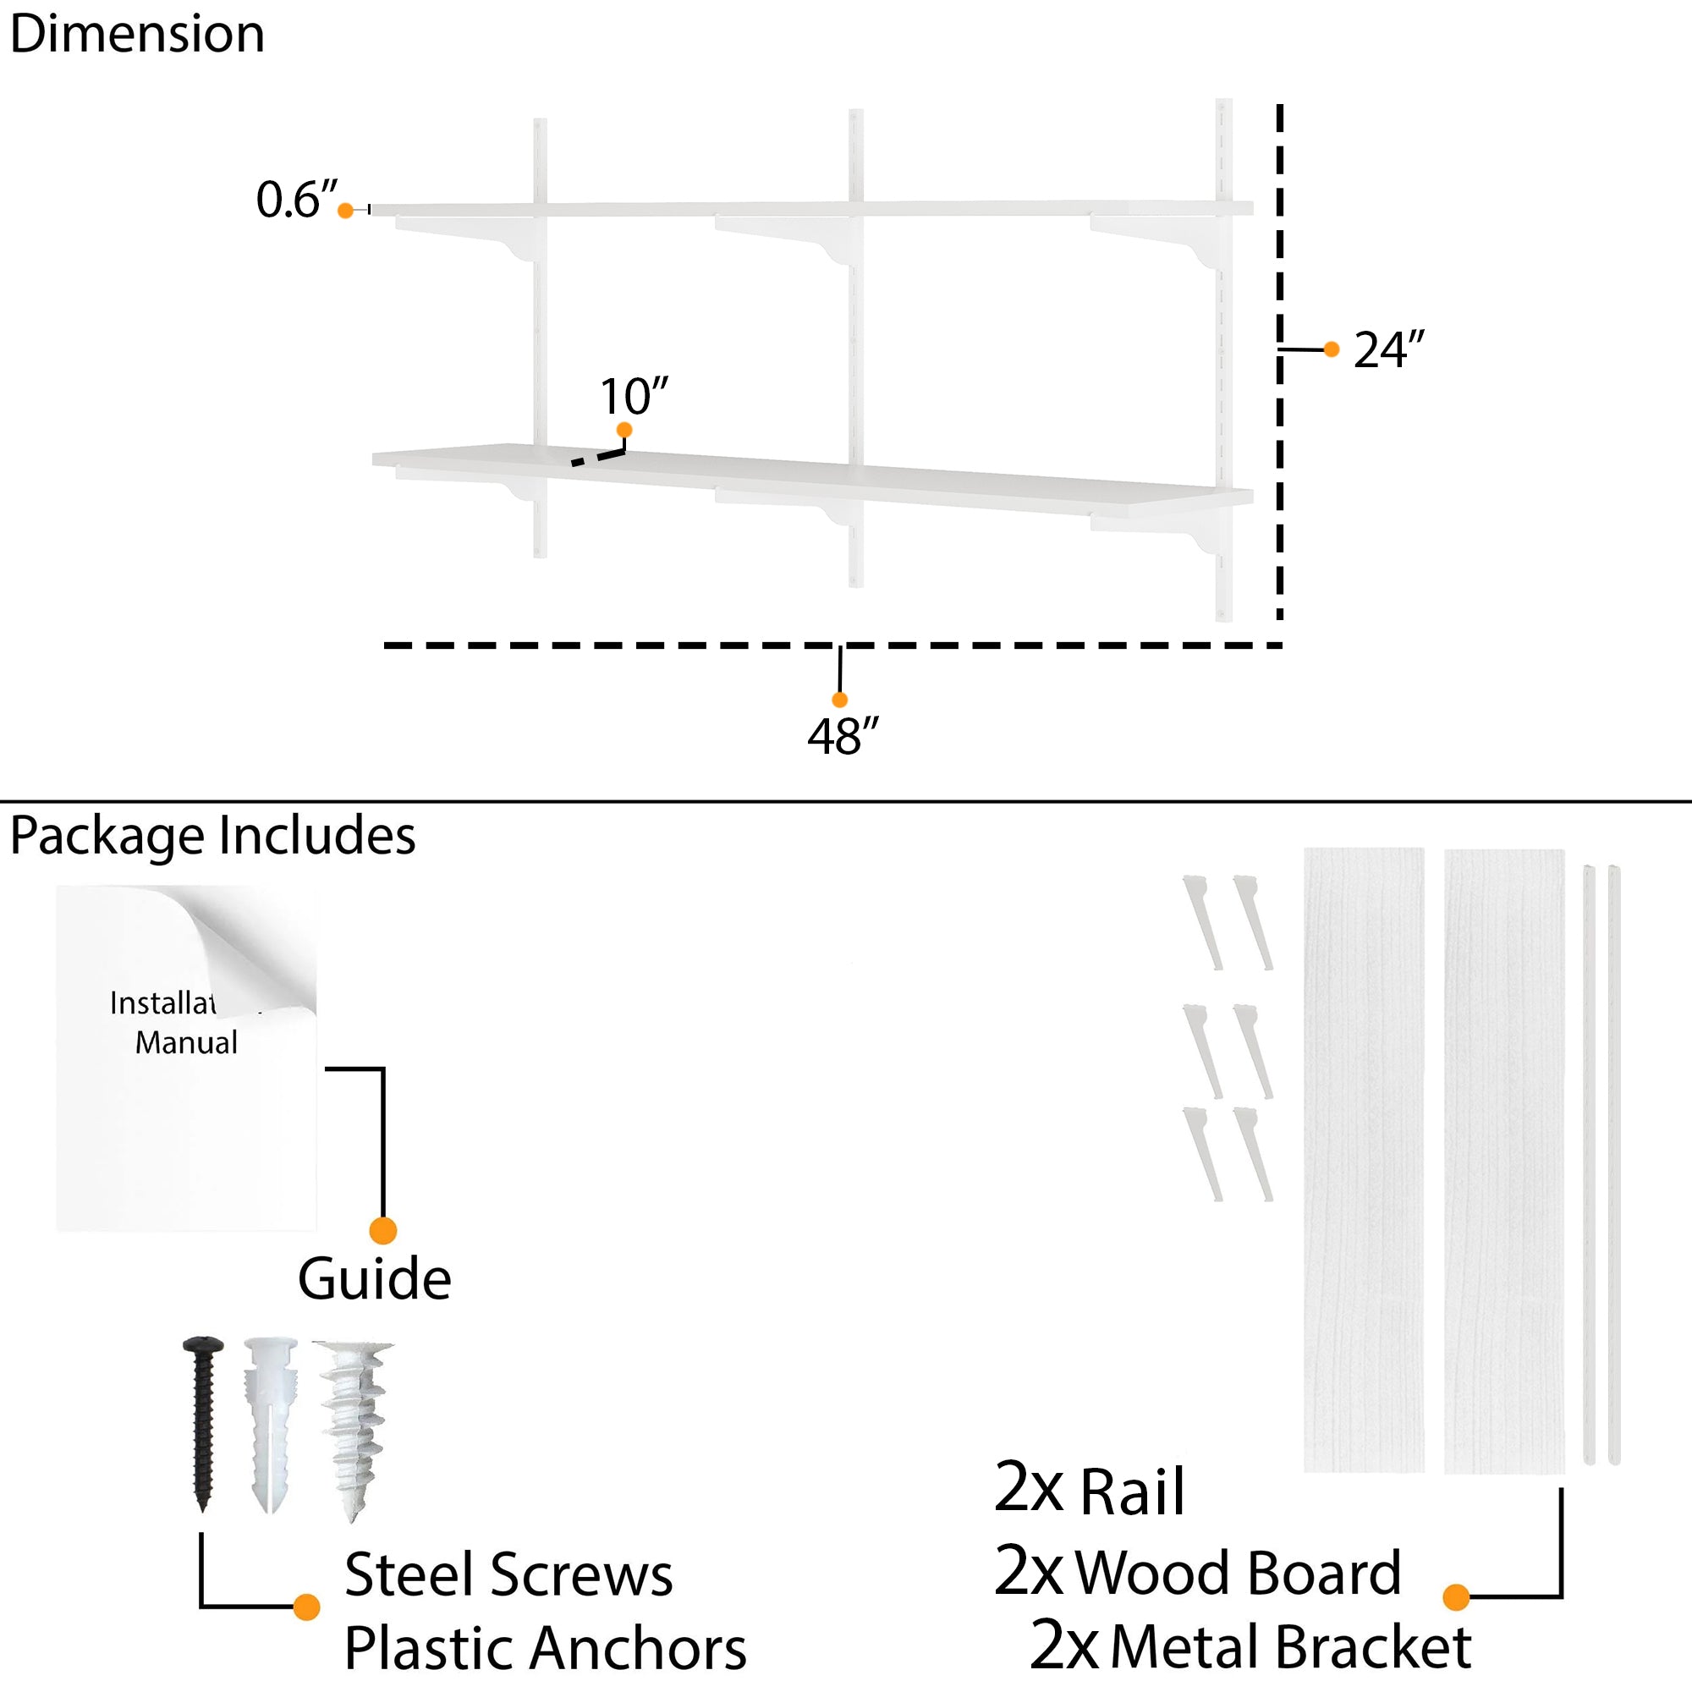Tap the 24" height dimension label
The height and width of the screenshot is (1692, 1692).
[x=1388, y=349]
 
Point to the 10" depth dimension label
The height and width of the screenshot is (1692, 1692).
[x=633, y=396]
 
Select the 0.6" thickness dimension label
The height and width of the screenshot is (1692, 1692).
[x=296, y=199]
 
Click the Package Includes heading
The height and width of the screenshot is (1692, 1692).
[x=213, y=835]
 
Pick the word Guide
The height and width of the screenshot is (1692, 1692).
[x=374, y=1279]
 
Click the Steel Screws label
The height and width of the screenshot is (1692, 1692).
[x=508, y=1574]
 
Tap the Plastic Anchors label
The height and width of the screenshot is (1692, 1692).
[x=545, y=1648]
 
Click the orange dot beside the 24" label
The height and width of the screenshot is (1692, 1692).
[x=1331, y=349]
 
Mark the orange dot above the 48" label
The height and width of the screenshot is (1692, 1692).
[x=839, y=700]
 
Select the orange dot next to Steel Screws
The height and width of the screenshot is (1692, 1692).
[x=306, y=1607]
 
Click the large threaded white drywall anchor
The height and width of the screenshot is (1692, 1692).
[x=354, y=1427]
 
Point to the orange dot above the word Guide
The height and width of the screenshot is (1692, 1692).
[x=382, y=1230]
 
